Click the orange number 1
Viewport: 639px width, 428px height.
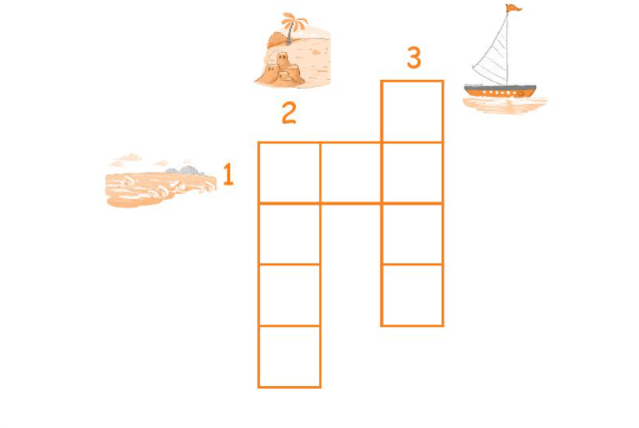point(228,175)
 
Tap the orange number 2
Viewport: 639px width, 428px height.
point(289,113)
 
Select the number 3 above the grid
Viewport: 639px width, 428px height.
point(414,57)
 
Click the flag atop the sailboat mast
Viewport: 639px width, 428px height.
point(513,8)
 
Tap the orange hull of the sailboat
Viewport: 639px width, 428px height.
point(500,92)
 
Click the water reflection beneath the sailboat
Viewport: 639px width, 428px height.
point(504,106)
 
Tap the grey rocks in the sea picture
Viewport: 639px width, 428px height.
point(186,171)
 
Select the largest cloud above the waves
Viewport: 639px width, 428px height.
point(132,157)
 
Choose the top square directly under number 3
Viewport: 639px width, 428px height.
point(412,112)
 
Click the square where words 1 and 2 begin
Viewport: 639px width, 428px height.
point(289,173)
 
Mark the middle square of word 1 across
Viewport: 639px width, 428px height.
point(351,173)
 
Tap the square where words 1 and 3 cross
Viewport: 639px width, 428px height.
point(412,173)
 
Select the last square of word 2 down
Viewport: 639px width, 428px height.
point(289,356)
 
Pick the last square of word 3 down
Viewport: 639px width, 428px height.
point(412,295)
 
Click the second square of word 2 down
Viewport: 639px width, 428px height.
point(289,233)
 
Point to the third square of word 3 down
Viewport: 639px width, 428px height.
point(412,233)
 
